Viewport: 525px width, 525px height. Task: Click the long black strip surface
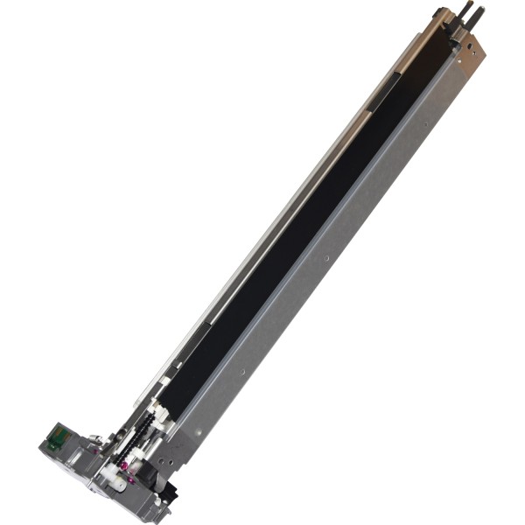pyautogui.click(x=289, y=245)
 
